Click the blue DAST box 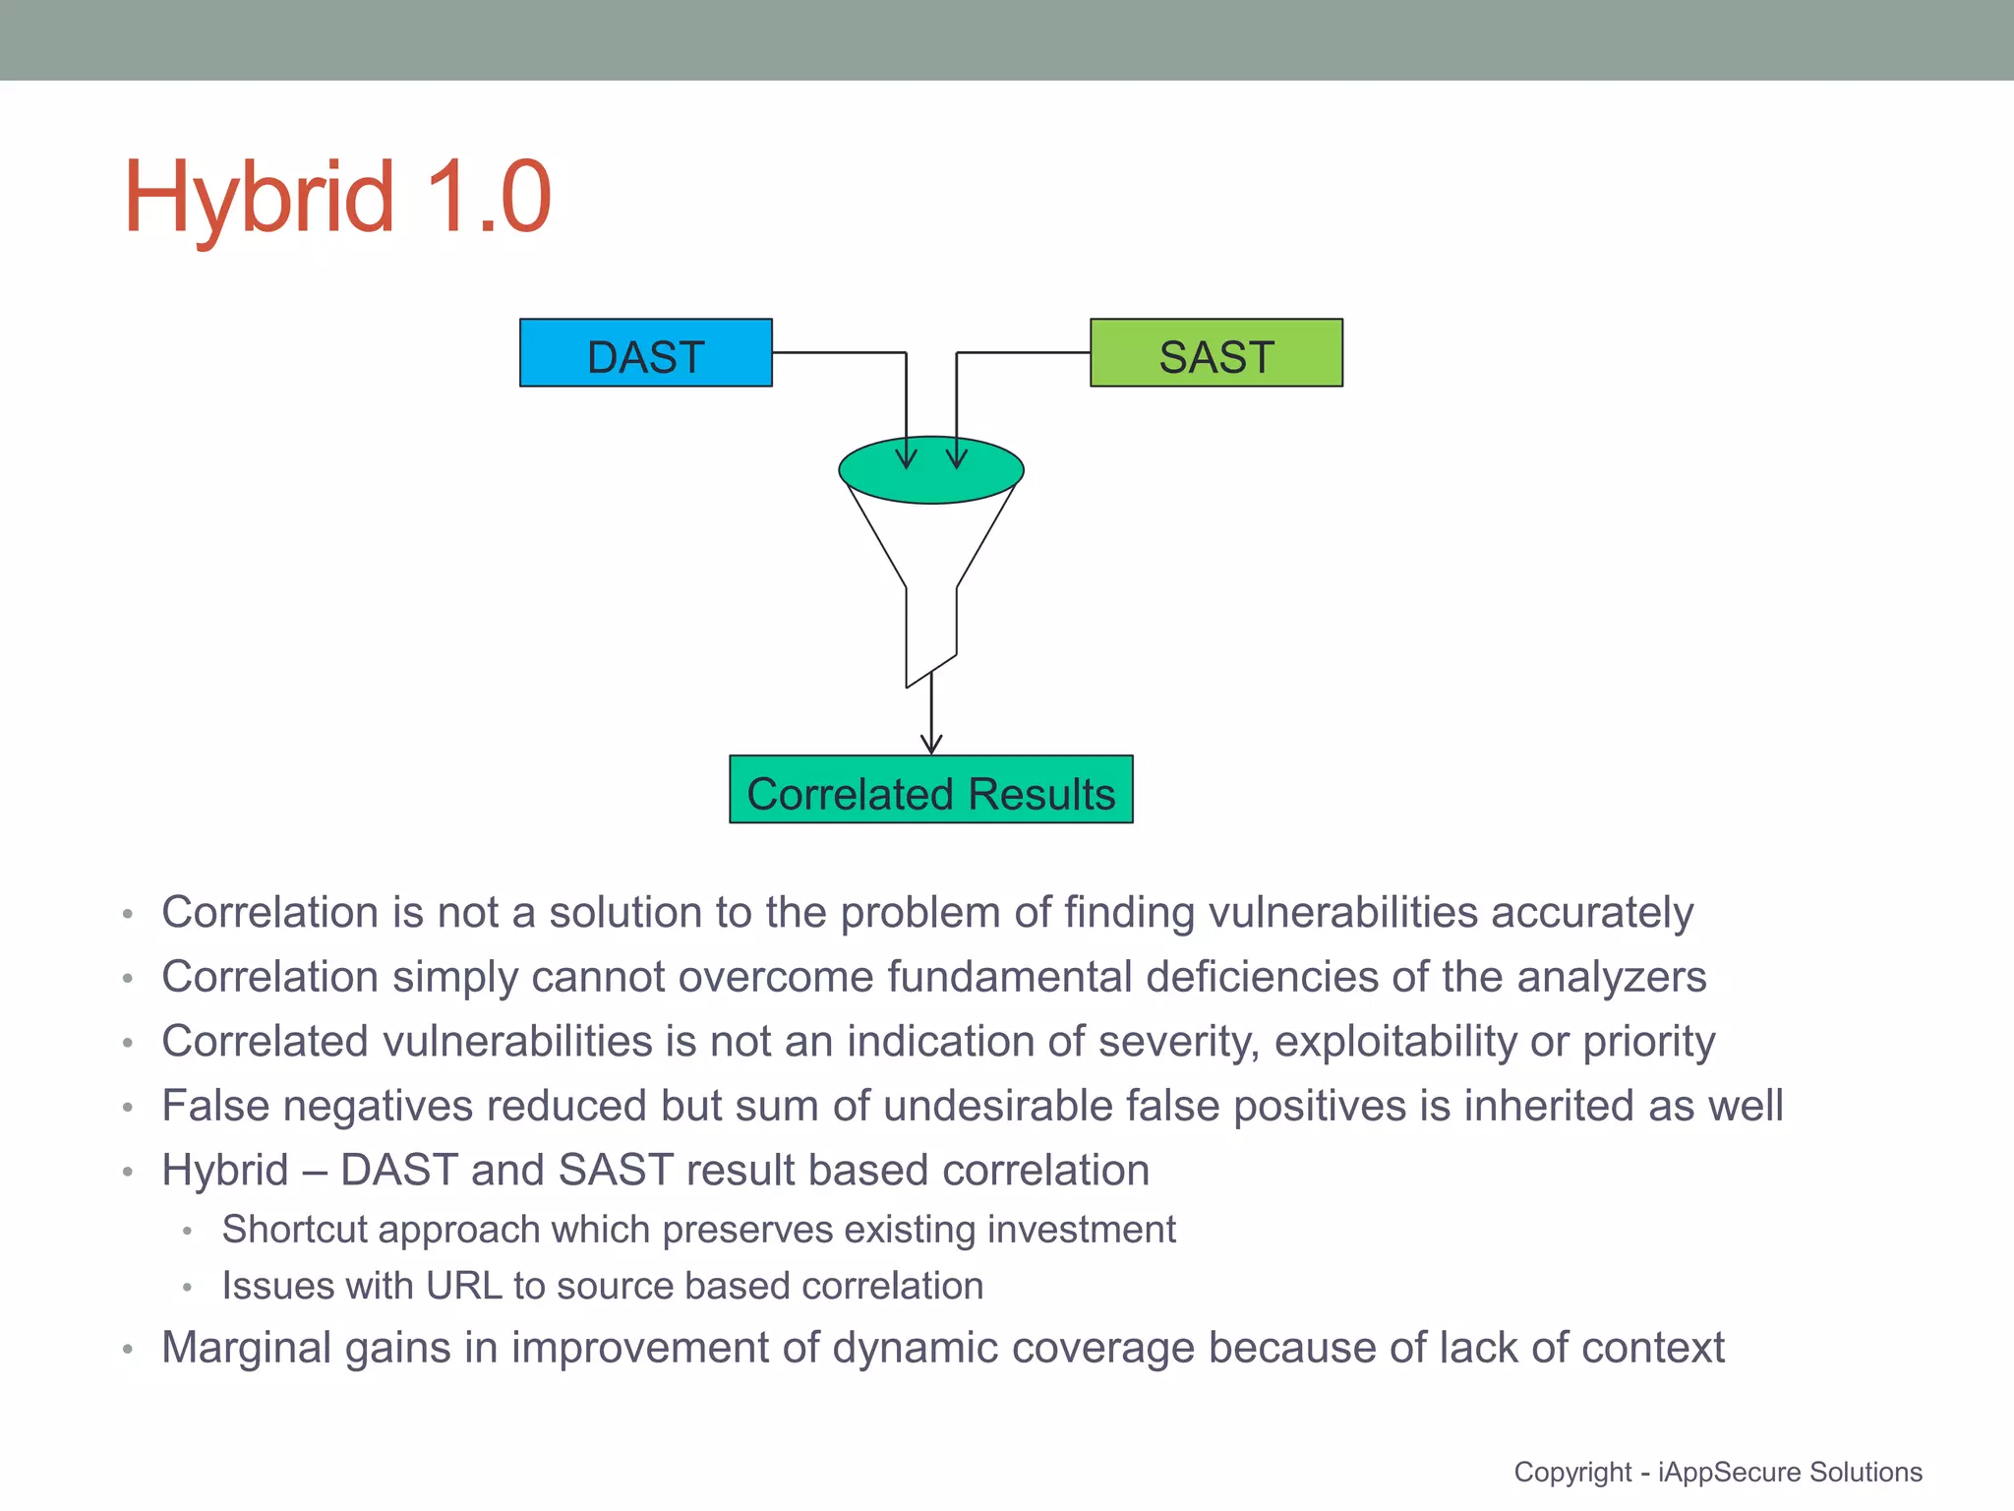tap(645, 353)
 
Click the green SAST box tap(1215, 353)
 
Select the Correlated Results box tap(930, 790)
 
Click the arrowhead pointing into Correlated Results tap(931, 744)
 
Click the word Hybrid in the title tap(259, 200)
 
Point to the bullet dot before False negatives tap(128, 1108)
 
